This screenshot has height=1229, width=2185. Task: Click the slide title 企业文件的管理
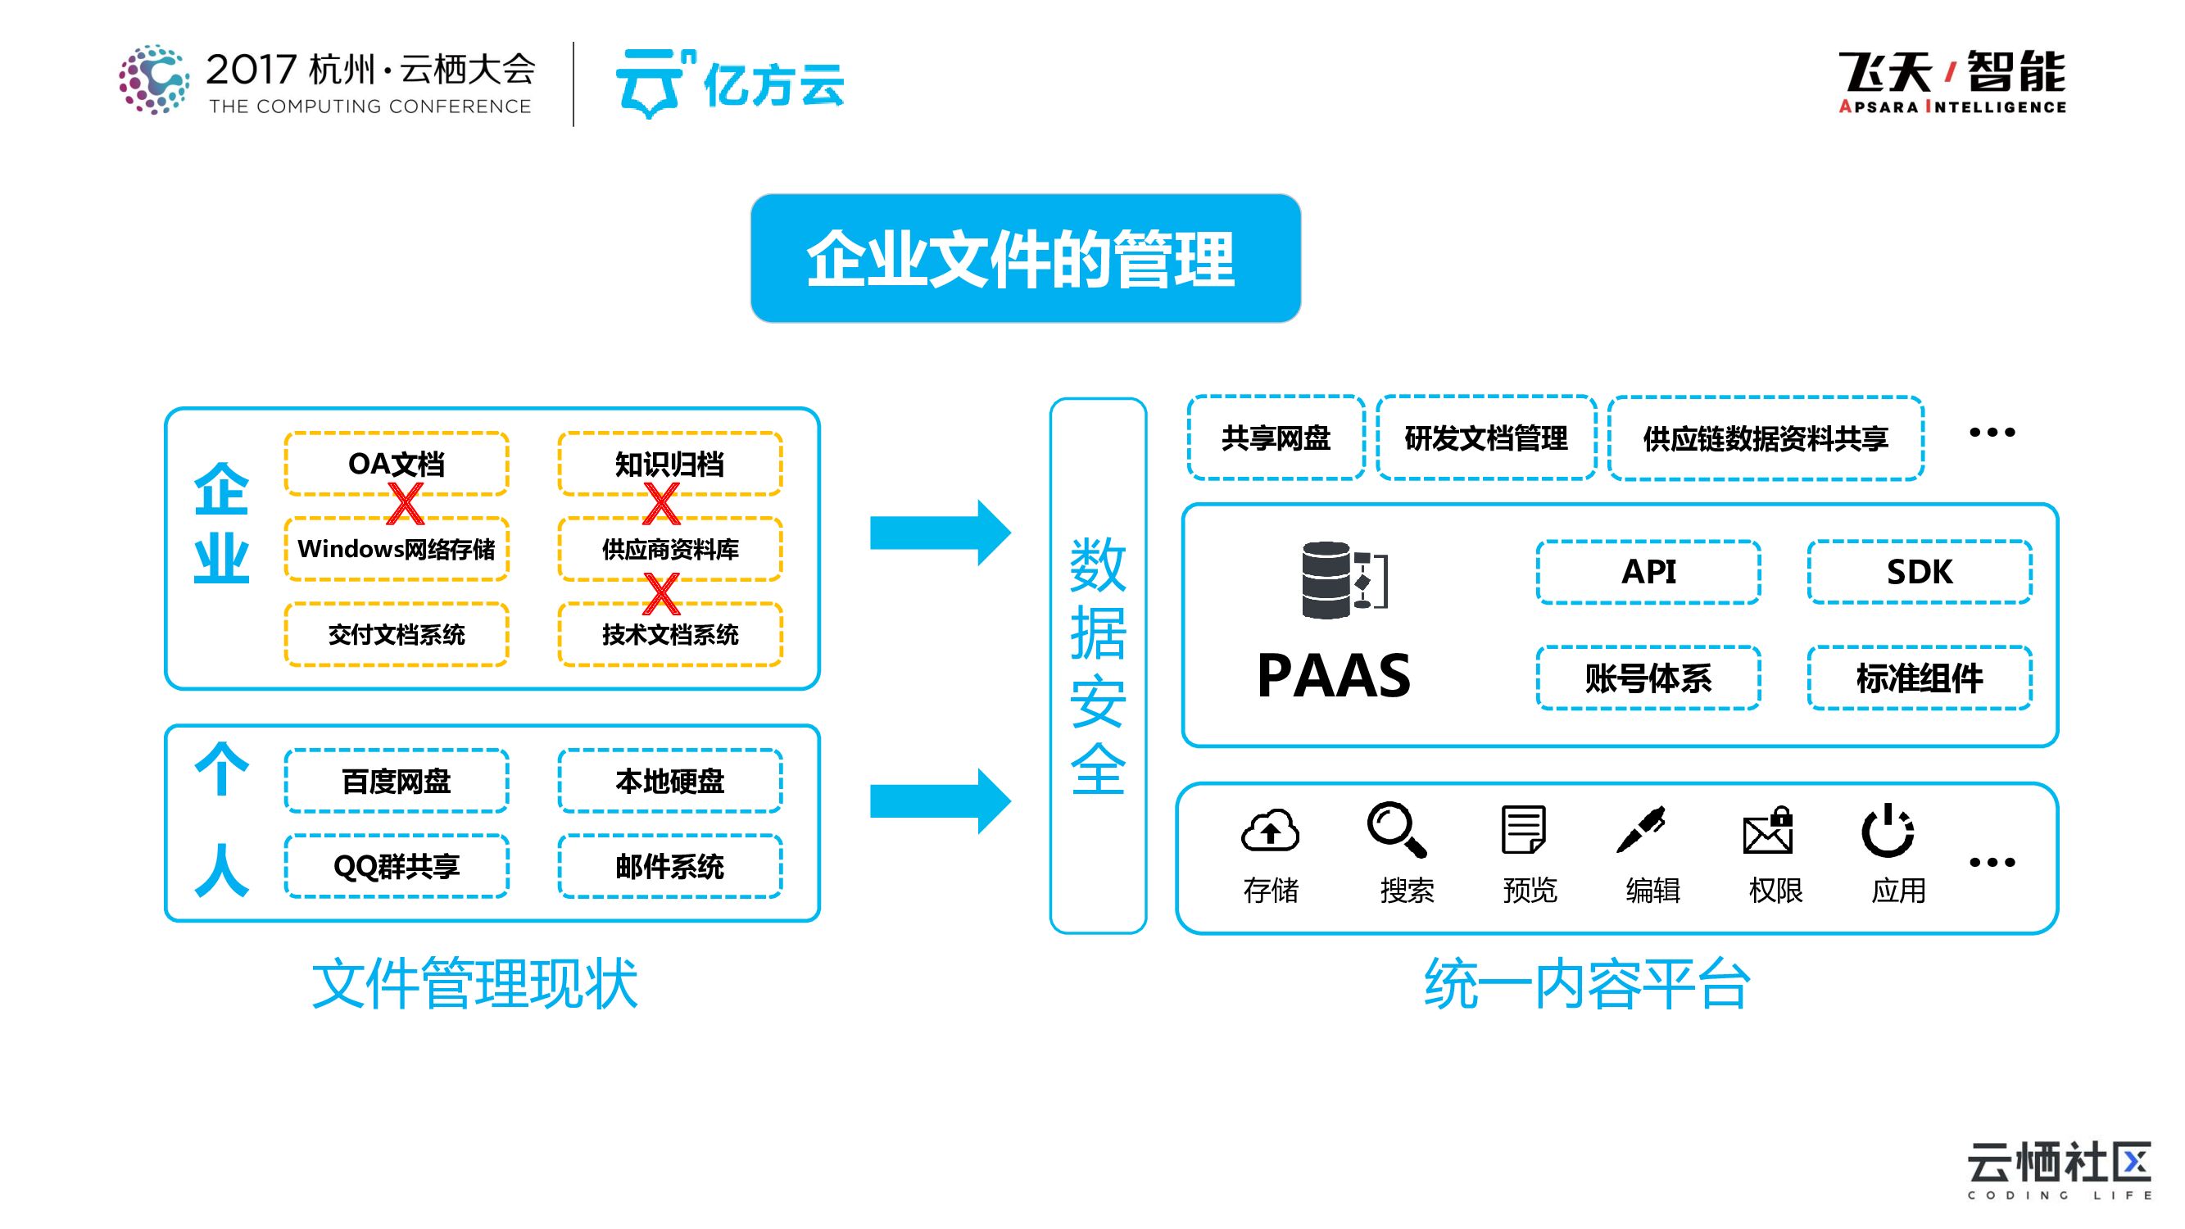[x=1025, y=259]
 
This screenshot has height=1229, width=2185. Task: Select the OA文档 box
[x=396, y=464]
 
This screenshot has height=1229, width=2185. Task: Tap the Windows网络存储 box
[x=396, y=549]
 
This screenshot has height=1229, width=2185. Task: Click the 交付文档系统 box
[x=396, y=634]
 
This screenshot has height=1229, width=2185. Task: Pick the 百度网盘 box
[x=396, y=781]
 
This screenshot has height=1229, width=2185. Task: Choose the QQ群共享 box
[x=396, y=866]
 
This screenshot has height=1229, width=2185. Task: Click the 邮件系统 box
[x=669, y=866]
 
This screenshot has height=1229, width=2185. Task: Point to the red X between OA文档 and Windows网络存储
[x=405, y=504]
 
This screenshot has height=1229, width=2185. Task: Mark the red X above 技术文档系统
[x=661, y=593]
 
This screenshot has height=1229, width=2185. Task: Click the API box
[x=1648, y=572]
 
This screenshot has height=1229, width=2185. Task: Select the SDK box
[x=1919, y=572]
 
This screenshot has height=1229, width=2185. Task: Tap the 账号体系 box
[x=1648, y=678]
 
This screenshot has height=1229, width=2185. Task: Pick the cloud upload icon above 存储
[x=1270, y=829]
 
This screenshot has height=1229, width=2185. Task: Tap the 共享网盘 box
[x=1276, y=438]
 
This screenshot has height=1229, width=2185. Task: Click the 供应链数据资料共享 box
[x=1766, y=438]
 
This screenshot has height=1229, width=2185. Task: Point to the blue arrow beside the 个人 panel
[x=940, y=800]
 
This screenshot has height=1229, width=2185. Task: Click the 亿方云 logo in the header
[x=729, y=84]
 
